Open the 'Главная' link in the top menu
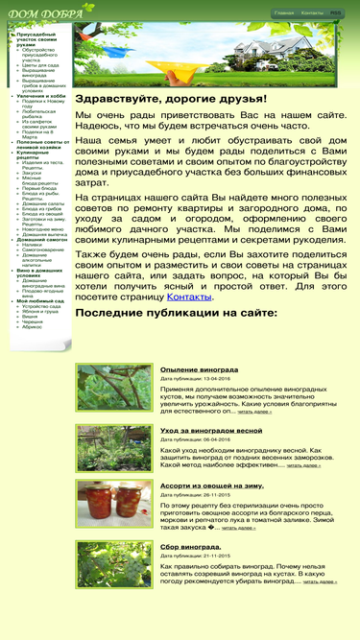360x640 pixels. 283,13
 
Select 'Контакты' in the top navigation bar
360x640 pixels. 312,13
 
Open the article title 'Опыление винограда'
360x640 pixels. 199,369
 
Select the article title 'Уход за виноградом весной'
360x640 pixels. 210,431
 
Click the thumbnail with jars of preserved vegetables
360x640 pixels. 114,506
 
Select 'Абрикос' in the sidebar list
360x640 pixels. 32,327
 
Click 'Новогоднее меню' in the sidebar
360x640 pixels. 43,228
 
